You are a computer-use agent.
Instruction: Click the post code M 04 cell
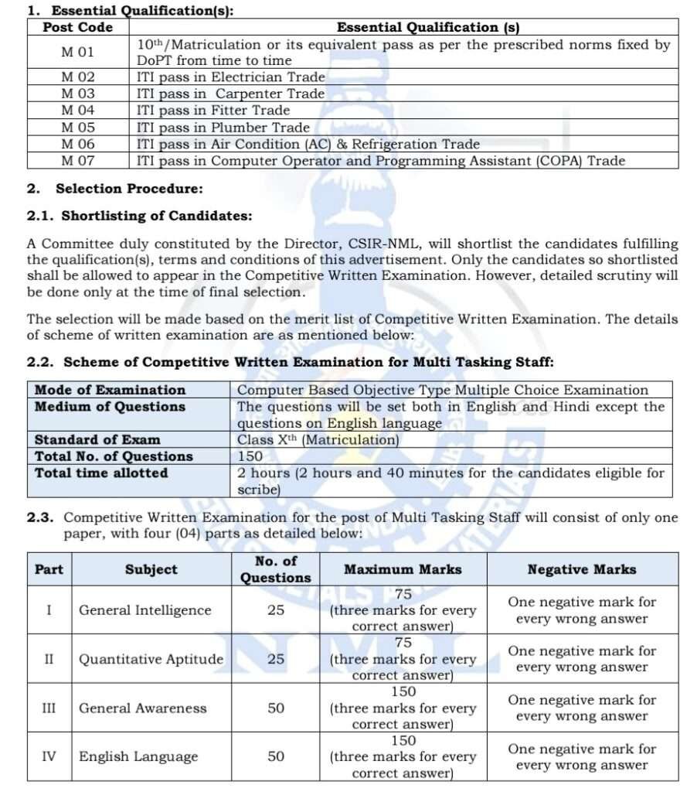point(77,111)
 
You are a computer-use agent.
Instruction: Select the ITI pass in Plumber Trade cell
point(223,128)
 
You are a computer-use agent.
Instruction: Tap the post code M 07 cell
point(77,161)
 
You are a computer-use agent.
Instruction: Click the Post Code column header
point(77,28)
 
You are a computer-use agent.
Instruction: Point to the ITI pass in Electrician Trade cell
point(231,77)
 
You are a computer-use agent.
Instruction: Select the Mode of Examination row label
point(110,390)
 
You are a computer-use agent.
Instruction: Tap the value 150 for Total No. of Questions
point(250,456)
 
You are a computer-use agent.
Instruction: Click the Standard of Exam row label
point(97,440)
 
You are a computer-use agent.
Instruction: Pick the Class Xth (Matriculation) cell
point(318,440)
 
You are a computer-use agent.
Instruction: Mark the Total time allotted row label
point(101,473)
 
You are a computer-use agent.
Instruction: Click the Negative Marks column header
point(582,569)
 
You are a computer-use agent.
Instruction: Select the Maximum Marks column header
point(403,569)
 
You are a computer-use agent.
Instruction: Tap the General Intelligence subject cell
point(144,610)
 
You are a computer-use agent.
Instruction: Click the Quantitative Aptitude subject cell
point(151,659)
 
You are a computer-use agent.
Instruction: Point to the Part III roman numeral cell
point(49,708)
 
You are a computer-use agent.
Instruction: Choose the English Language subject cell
point(138,756)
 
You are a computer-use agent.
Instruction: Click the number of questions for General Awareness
point(276,708)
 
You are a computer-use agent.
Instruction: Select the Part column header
point(49,569)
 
